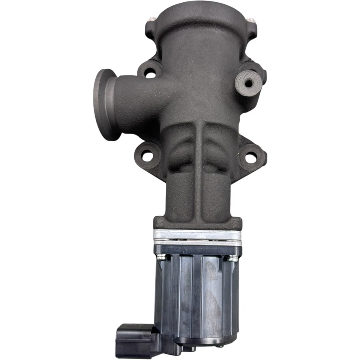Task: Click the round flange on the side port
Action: click(102, 104)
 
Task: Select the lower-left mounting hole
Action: click(147, 155)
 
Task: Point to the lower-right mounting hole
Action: click(250, 157)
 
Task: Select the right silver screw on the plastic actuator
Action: click(233, 258)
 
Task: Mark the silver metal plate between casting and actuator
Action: click(197, 235)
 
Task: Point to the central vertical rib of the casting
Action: click(198, 169)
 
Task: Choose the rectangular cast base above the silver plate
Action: click(197, 223)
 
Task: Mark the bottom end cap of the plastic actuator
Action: click(202, 339)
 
